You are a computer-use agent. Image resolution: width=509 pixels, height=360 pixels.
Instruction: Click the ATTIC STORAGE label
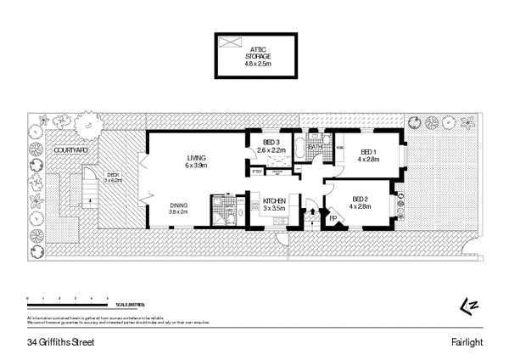254,53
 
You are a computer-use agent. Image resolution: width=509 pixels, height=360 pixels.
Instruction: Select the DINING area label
178,207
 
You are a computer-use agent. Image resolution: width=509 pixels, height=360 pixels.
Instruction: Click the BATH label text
315,147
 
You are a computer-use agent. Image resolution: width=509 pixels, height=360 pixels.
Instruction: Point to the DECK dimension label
114,177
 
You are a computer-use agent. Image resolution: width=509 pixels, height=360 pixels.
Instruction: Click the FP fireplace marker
333,217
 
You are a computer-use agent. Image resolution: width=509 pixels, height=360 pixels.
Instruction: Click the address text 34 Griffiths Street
59,342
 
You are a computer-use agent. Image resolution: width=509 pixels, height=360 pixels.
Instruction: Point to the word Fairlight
467,342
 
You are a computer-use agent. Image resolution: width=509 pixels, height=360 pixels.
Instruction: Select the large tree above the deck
86,126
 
